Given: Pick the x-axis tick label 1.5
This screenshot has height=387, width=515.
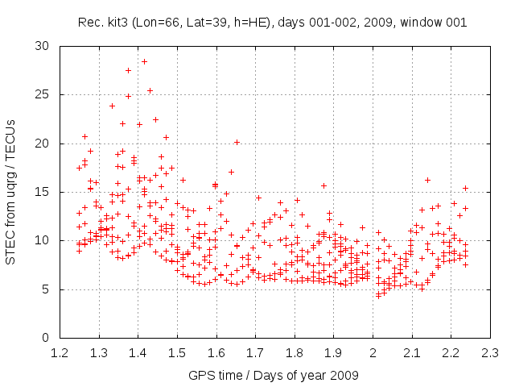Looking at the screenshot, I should (x=177, y=353).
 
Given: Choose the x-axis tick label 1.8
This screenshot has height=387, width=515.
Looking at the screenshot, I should (x=295, y=353).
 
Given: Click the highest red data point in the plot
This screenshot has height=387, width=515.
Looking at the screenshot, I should (x=145, y=61).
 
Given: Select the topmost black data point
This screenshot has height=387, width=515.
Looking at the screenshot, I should (x=128, y=71).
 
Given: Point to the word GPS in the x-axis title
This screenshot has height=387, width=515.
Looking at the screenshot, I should (x=200, y=376).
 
